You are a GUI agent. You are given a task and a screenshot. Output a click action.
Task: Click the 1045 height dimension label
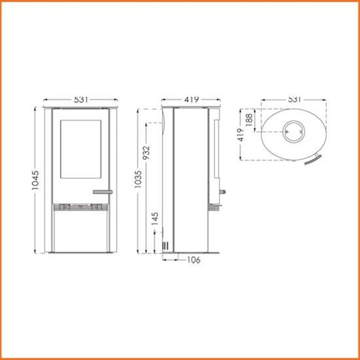[x=35, y=180]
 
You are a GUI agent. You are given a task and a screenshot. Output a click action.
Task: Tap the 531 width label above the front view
[x=81, y=100]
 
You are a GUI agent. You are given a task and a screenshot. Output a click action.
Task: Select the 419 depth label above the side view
[x=191, y=100]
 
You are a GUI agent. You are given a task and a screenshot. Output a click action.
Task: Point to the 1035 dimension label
[x=138, y=179]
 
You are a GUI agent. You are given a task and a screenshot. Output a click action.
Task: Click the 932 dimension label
[x=146, y=153]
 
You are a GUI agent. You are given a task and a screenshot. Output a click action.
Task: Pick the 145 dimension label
[x=155, y=219]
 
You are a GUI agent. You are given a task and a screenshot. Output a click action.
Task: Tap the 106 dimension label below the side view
[x=193, y=260]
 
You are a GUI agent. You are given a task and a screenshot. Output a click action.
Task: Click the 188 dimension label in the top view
[x=249, y=120]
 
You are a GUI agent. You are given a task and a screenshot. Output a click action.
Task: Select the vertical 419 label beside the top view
[x=241, y=135]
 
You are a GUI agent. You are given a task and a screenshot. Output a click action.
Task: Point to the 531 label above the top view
[x=294, y=100]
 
